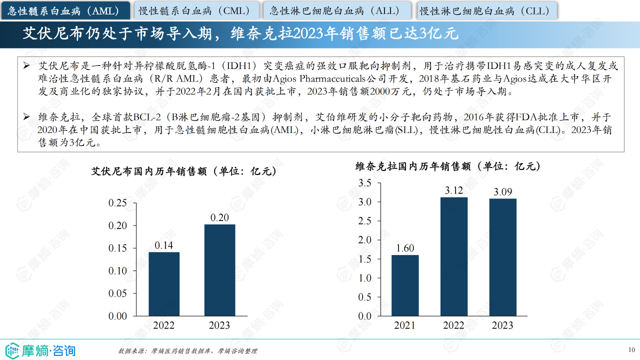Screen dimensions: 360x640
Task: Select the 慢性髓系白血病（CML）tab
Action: point(197,10)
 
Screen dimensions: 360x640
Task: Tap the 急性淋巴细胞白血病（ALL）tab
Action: point(338,10)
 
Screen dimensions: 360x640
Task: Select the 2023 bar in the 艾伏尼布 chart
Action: point(219,270)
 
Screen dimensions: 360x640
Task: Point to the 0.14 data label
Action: point(164,245)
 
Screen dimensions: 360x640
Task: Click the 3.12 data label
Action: point(454,190)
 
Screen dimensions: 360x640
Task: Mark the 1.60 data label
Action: point(405,248)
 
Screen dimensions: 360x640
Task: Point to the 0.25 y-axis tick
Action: point(117,203)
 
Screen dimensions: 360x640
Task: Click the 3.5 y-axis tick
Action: point(365,183)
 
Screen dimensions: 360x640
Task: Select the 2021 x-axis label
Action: point(405,325)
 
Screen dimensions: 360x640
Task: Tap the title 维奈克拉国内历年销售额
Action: point(448,166)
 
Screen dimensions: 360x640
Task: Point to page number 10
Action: point(631,349)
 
